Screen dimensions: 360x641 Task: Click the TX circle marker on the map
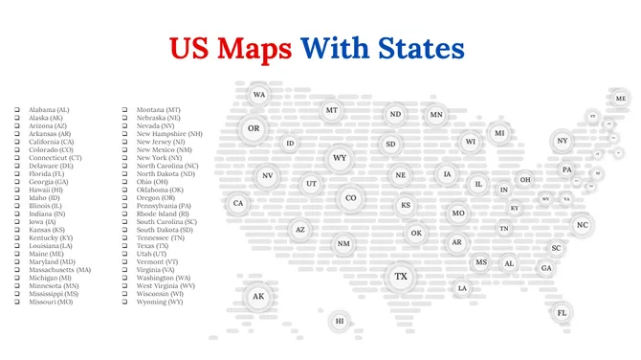point(401,278)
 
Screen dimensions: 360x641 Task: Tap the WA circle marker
point(259,95)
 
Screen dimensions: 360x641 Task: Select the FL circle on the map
point(562,312)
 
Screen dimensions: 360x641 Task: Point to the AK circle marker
point(257,297)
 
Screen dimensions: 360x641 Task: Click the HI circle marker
point(338,321)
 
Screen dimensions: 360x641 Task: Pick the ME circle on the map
point(620,99)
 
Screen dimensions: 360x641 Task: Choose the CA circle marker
point(238,203)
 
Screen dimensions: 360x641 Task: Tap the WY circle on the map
point(340,158)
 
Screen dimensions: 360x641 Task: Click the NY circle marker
point(563,141)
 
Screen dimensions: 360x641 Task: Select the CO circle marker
point(350,198)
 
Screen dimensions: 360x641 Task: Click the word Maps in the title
point(254,48)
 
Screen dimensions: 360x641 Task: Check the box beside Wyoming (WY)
point(124,302)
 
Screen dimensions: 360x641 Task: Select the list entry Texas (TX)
point(157,245)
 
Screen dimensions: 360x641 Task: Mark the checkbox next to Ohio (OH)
point(124,182)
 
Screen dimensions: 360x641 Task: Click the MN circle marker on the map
point(436,115)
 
